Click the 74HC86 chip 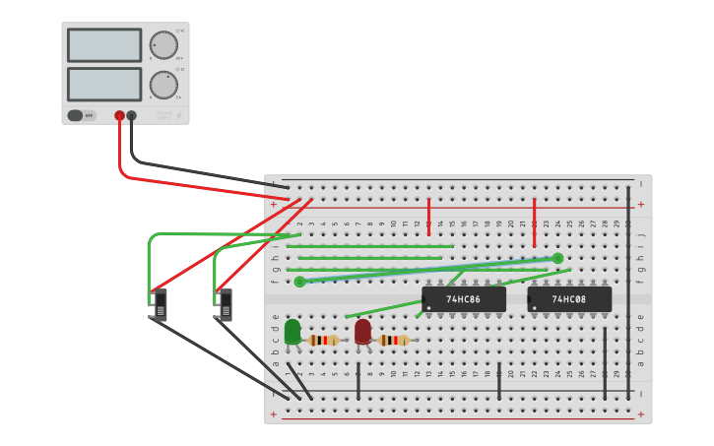point(464,299)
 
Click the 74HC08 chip point(569,299)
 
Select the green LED point(292,332)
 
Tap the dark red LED point(362,331)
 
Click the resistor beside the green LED point(323,340)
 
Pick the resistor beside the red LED point(394,340)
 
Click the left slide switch point(160,305)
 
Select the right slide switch point(226,305)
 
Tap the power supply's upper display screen point(104,45)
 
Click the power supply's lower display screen point(104,84)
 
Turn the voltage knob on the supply point(163,45)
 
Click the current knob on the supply point(163,85)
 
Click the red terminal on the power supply point(119,115)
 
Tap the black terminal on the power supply point(132,115)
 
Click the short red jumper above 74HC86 point(428,216)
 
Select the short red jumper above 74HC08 point(534,222)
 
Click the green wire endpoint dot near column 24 point(557,258)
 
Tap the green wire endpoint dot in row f point(299,282)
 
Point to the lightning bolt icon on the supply point(178,115)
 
